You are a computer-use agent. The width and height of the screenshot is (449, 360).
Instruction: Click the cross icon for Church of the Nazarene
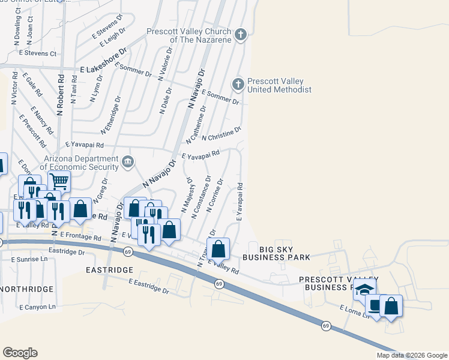(241, 34)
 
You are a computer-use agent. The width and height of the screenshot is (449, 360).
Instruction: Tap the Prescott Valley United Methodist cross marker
(238, 84)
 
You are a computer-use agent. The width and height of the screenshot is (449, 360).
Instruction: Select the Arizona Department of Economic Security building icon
(128, 161)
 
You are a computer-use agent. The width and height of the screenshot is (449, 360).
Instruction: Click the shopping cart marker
(59, 180)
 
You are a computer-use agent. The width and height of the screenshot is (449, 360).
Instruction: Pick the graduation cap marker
(363, 289)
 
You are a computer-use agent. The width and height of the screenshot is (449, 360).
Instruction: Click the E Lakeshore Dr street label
(104, 69)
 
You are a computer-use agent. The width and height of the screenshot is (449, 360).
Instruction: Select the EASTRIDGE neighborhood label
(109, 271)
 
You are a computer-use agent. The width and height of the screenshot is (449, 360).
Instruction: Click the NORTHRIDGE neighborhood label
(27, 289)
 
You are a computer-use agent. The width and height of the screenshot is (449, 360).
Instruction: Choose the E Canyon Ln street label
(37, 307)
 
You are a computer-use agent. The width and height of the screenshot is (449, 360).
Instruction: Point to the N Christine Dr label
(221, 134)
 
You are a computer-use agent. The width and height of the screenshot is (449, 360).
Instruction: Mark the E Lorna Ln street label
(354, 312)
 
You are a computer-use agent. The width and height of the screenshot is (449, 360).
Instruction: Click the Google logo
(20, 352)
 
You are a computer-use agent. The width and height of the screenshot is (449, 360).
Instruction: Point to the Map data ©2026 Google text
(411, 355)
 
